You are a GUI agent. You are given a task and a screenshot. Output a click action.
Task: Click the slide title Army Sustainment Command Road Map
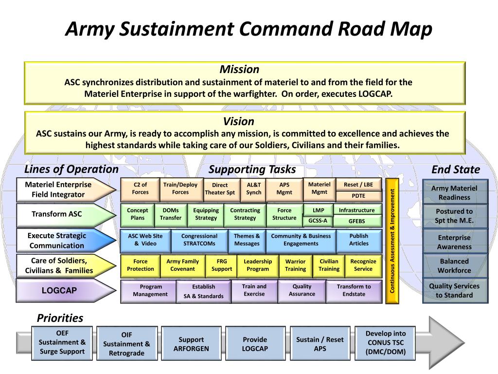[x=249, y=30]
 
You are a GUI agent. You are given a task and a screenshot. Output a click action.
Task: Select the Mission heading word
[x=239, y=69]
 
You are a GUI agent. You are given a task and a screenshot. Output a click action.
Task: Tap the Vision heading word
[x=239, y=121]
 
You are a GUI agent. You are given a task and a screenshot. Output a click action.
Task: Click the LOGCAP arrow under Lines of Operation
[x=60, y=291]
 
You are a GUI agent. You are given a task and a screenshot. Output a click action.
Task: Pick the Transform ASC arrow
[x=57, y=214]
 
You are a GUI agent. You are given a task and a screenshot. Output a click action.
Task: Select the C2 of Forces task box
[x=140, y=188]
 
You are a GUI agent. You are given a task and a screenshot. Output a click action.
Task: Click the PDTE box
[x=358, y=196]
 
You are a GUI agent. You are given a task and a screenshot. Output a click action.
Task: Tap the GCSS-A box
[x=318, y=221]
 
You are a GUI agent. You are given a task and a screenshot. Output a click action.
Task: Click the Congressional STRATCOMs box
[x=199, y=240]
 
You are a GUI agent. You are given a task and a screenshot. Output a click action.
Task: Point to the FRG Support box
[x=222, y=265]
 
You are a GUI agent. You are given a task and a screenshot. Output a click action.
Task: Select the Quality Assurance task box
[x=302, y=291]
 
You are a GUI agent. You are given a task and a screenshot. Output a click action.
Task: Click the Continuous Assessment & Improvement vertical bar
[x=392, y=241]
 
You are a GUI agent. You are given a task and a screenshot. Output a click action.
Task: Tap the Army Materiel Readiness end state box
[x=454, y=192]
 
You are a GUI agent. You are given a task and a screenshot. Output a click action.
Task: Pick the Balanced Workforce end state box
[x=454, y=265]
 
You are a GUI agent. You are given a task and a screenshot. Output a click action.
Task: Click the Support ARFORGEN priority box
[x=191, y=344]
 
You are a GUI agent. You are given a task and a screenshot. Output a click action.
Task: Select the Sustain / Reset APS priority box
[x=320, y=344]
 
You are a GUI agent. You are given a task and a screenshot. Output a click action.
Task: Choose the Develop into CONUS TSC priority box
[x=386, y=343]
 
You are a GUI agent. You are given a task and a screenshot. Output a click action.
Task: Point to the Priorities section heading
[x=60, y=318]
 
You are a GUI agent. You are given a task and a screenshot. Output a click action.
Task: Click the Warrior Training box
[x=295, y=265]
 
